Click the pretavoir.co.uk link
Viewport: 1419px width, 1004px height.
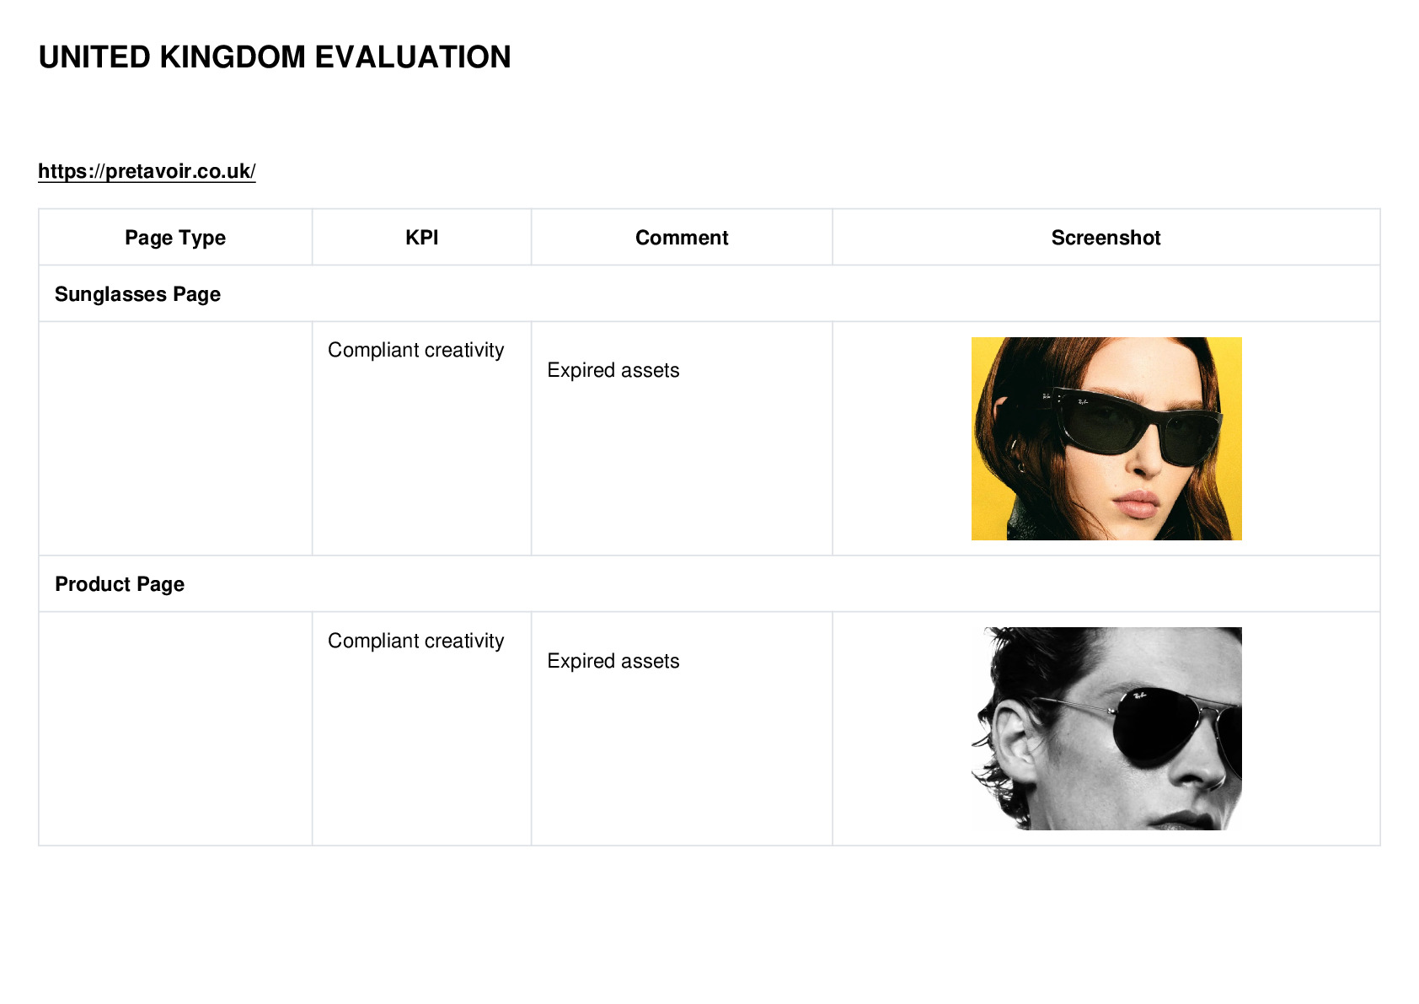point(147,171)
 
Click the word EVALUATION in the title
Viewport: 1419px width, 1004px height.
point(412,57)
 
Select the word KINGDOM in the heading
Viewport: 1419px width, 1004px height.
point(233,57)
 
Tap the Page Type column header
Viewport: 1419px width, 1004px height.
point(174,238)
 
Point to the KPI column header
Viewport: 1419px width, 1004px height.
point(422,238)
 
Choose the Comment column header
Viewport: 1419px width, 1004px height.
point(682,238)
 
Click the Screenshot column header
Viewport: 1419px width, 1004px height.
point(1106,238)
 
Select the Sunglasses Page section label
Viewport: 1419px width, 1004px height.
point(137,294)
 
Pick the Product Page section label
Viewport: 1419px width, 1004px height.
point(120,583)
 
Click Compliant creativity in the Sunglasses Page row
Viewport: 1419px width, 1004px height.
point(415,350)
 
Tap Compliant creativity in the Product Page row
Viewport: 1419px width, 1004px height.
point(415,641)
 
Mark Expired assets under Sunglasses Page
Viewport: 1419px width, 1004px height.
point(613,370)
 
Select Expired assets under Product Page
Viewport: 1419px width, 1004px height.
point(613,661)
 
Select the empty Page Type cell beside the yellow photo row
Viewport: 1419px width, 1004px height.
point(175,438)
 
